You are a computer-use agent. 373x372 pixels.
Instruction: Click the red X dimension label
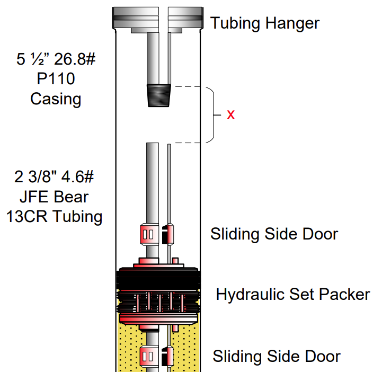click(x=231, y=115)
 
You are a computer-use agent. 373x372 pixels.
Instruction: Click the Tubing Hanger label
click(x=265, y=23)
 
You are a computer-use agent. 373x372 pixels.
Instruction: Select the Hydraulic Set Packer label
click(x=293, y=295)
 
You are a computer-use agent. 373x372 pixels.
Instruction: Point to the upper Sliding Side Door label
click(x=274, y=234)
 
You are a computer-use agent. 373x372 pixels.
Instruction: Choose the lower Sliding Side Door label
click(x=277, y=356)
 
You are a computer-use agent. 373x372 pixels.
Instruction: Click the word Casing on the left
click(x=56, y=99)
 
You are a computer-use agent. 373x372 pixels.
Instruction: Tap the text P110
click(x=56, y=79)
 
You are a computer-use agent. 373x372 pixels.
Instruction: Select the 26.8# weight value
click(x=75, y=59)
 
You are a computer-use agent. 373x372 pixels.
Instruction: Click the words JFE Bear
click(x=54, y=197)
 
